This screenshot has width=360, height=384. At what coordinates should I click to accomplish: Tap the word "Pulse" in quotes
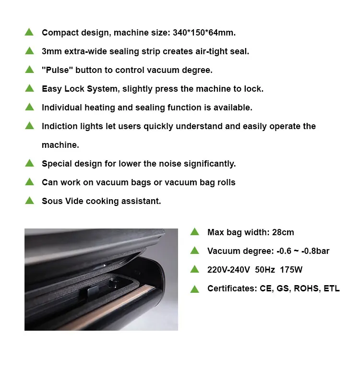tap(56, 70)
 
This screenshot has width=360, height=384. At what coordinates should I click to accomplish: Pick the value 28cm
tap(283, 232)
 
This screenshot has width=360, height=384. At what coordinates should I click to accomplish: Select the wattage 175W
tap(291, 270)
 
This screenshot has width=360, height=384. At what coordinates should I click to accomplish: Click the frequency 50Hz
tap(265, 270)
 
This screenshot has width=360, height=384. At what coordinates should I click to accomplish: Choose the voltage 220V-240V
tap(228, 270)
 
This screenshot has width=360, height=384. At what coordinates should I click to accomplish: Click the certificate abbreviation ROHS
tap(305, 288)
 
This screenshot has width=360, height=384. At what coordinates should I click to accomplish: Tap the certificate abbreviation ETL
tap(332, 288)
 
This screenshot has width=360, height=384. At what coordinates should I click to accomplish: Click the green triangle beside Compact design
tap(29, 32)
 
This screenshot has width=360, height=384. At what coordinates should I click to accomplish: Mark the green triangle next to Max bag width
tap(194, 232)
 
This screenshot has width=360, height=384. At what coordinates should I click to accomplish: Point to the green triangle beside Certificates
tap(194, 288)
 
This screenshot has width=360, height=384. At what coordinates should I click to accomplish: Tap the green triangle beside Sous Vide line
tap(29, 201)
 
